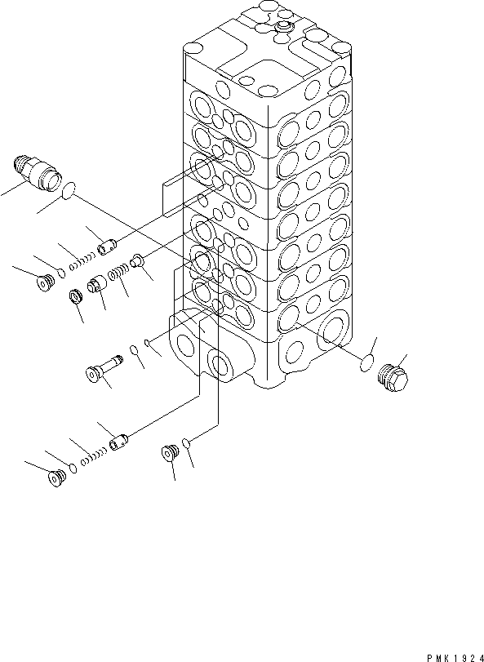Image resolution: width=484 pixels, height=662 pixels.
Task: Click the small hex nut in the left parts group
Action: point(76,295)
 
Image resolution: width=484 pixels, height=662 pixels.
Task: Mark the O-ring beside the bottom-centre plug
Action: point(187,442)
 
